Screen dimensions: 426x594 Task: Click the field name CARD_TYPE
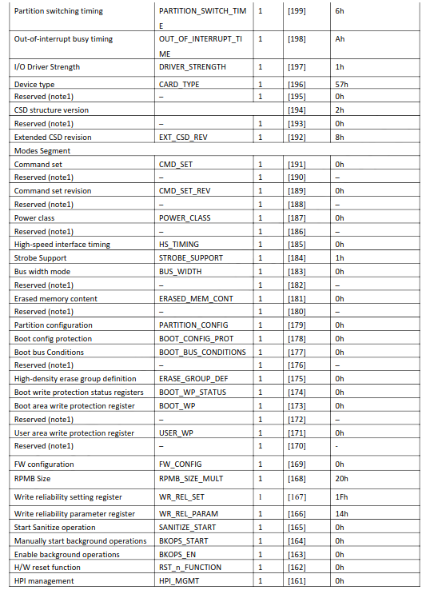click(x=179, y=84)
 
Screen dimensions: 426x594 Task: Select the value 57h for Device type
click(x=340, y=84)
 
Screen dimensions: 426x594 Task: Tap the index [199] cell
click(x=297, y=12)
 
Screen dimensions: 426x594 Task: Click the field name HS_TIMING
click(x=180, y=245)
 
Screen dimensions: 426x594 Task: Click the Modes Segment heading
click(x=42, y=150)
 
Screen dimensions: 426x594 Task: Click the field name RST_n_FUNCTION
click(x=190, y=568)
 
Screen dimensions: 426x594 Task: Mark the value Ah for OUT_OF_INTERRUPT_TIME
click(x=339, y=39)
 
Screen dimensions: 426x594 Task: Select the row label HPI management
click(x=45, y=580)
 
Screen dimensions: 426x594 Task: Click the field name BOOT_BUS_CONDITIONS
click(x=201, y=352)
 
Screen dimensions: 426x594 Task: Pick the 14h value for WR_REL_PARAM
click(x=340, y=514)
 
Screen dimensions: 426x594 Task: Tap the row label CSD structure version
click(x=51, y=110)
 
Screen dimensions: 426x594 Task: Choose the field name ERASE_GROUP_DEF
click(x=193, y=379)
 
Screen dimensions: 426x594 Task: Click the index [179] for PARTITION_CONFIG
click(x=297, y=325)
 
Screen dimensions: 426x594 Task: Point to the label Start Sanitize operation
click(x=54, y=528)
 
